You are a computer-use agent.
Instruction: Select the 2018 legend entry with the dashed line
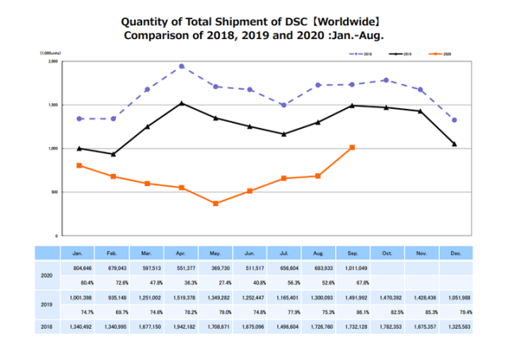click(358, 53)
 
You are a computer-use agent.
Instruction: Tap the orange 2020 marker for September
click(352, 147)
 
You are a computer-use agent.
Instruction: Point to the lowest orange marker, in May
click(215, 203)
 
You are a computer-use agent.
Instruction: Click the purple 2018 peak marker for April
click(182, 66)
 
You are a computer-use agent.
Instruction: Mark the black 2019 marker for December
click(453, 144)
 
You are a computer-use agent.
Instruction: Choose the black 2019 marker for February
click(114, 154)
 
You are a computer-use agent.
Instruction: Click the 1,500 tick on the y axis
click(53, 105)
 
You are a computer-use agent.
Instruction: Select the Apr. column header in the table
click(180, 253)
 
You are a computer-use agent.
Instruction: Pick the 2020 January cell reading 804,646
click(78, 268)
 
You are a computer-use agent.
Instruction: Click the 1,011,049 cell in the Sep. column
click(351, 268)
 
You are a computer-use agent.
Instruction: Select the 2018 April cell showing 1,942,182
click(180, 326)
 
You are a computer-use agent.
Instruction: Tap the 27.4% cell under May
click(214, 281)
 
